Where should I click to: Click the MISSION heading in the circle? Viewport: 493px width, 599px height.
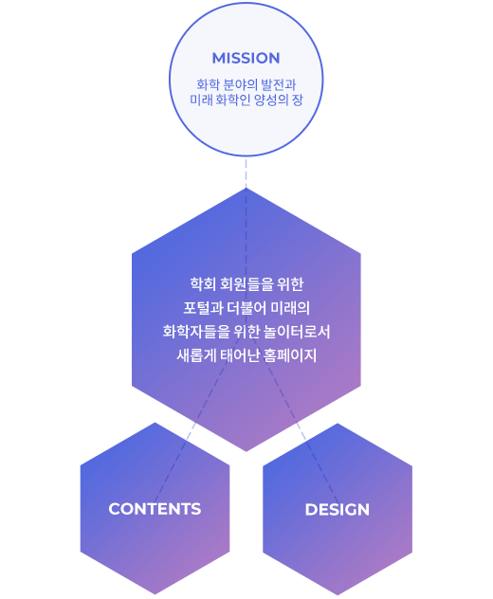(246, 59)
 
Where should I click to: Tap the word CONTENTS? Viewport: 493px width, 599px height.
(155, 509)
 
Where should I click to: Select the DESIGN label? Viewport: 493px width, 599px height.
(338, 510)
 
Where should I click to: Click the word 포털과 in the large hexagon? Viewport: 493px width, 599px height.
(203, 308)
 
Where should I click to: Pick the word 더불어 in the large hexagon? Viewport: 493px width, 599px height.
(246, 308)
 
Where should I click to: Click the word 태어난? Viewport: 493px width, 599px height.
(240, 355)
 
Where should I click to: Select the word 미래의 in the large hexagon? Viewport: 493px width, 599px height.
(290, 308)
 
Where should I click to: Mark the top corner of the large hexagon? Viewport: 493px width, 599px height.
(246, 188)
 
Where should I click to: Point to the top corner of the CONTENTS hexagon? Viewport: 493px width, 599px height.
(155, 423)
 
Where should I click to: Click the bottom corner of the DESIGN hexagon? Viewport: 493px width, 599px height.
(338, 595)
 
